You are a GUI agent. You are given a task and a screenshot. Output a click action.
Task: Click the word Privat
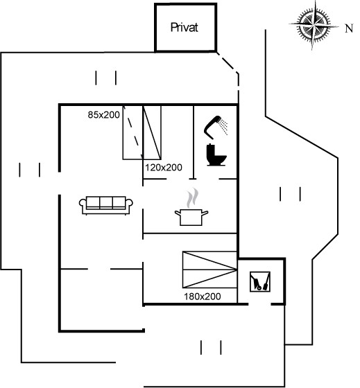click(184, 27)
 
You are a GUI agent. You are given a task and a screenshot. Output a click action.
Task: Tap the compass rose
click(314, 25)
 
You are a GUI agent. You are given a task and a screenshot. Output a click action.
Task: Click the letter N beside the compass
click(349, 28)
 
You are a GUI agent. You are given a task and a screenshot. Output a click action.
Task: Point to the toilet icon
click(216, 155)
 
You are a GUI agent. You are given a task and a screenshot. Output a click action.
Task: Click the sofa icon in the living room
click(106, 205)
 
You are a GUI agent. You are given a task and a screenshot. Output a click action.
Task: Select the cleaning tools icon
click(260, 281)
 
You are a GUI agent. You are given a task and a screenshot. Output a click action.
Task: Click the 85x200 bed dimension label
click(103, 115)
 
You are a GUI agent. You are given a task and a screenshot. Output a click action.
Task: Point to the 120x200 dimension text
click(164, 168)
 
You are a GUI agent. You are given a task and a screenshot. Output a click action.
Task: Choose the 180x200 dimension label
click(202, 297)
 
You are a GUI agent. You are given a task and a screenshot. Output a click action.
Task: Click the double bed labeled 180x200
click(209, 270)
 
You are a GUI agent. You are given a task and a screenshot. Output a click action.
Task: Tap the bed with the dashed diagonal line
click(132, 132)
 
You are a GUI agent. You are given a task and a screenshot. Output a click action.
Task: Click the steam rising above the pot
click(193, 197)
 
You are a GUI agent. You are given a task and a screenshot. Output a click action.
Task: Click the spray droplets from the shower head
click(224, 126)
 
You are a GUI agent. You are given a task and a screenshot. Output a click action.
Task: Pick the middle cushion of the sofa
click(106, 202)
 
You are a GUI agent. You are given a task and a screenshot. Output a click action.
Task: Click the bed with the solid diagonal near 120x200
click(152, 132)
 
